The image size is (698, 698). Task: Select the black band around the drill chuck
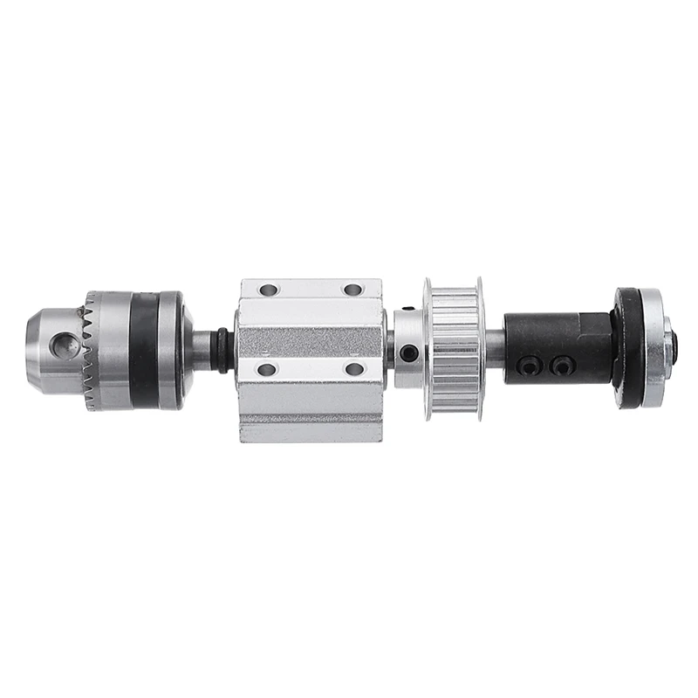point(143,349)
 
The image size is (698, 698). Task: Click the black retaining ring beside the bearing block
point(225,349)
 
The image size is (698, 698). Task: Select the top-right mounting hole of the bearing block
point(352,290)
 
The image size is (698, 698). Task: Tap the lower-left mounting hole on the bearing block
point(268,369)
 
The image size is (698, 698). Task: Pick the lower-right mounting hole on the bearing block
point(353,369)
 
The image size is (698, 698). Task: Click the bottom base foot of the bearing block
point(311,428)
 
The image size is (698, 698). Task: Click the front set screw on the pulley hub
point(406,353)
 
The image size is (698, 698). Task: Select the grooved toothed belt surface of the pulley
point(455,349)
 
